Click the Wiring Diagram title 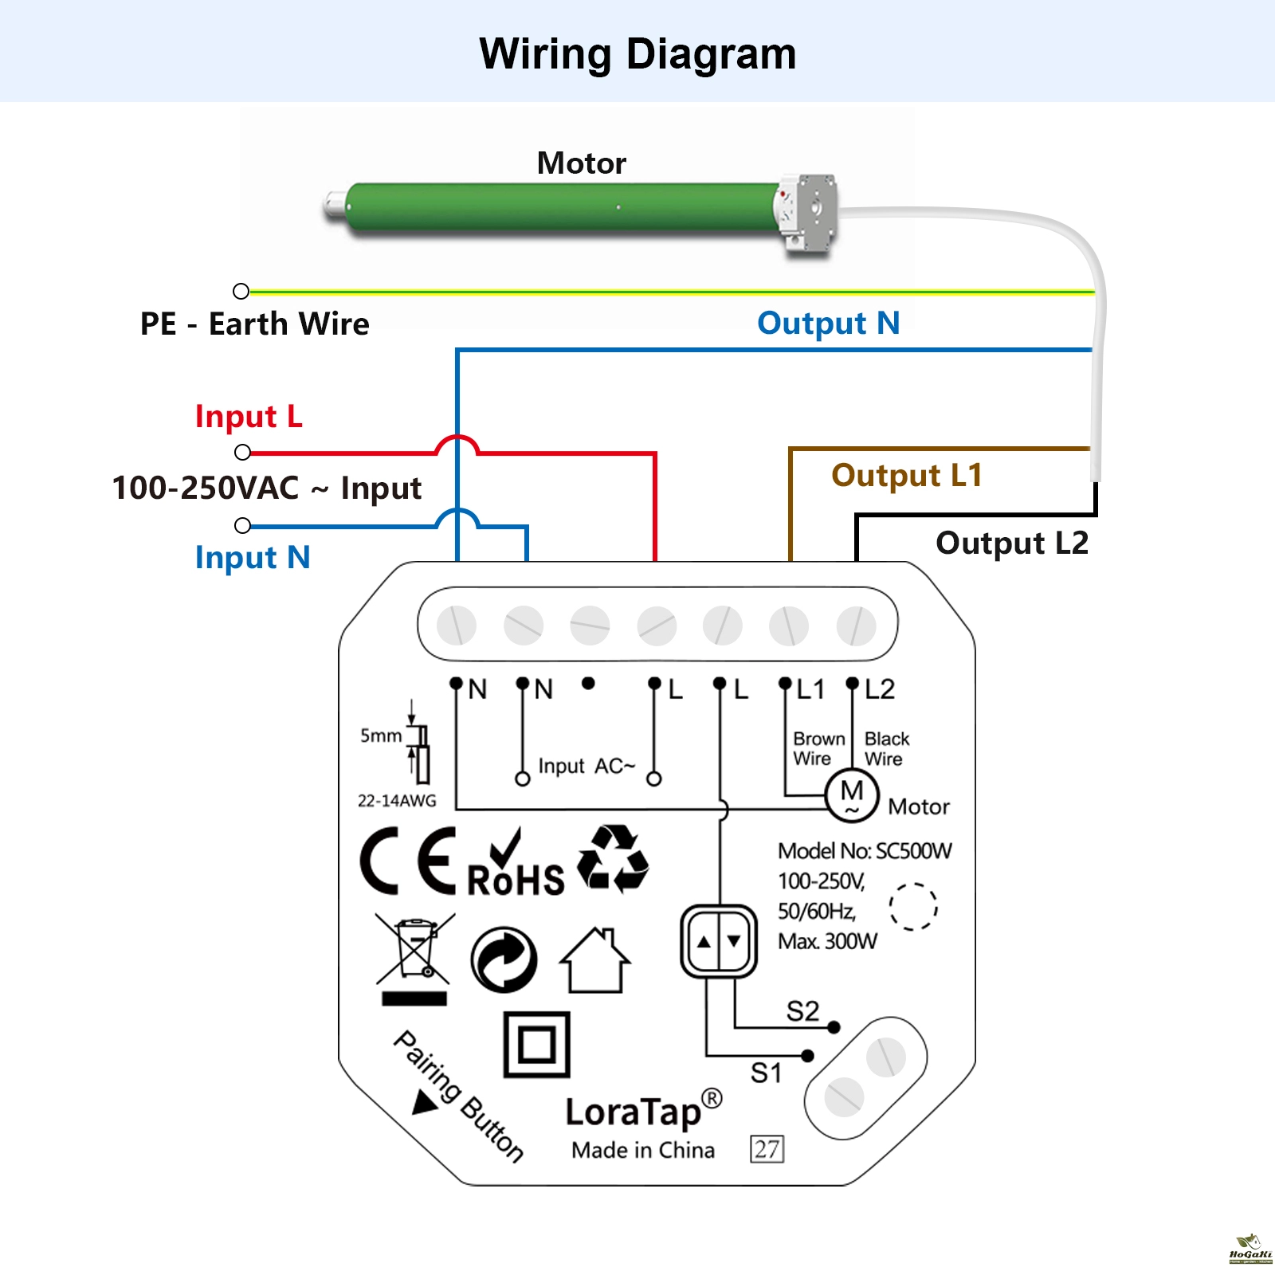[x=637, y=54]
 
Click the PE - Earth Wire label [x=254, y=324]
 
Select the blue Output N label [x=828, y=324]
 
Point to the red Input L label [x=249, y=417]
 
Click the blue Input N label [x=253, y=558]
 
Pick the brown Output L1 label [x=907, y=476]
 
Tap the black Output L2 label [x=1011, y=543]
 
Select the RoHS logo [x=516, y=865]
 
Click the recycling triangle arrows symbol [x=612, y=859]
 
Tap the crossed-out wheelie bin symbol [x=414, y=952]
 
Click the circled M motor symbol [x=852, y=794]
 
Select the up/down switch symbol [x=719, y=941]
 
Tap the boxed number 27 [x=767, y=1149]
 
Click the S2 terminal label [x=802, y=1011]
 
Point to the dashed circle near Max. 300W [x=913, y=907]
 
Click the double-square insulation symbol [x=537, y=1044]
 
